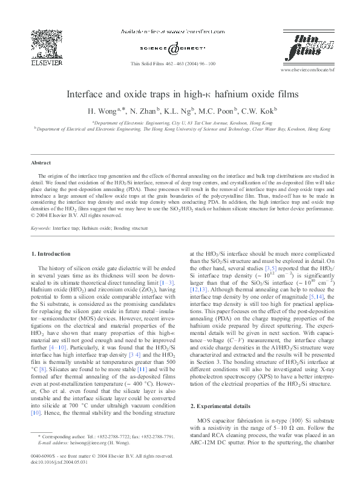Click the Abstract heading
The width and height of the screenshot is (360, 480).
pos(42,163)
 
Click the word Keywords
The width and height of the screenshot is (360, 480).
pos(41,229)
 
